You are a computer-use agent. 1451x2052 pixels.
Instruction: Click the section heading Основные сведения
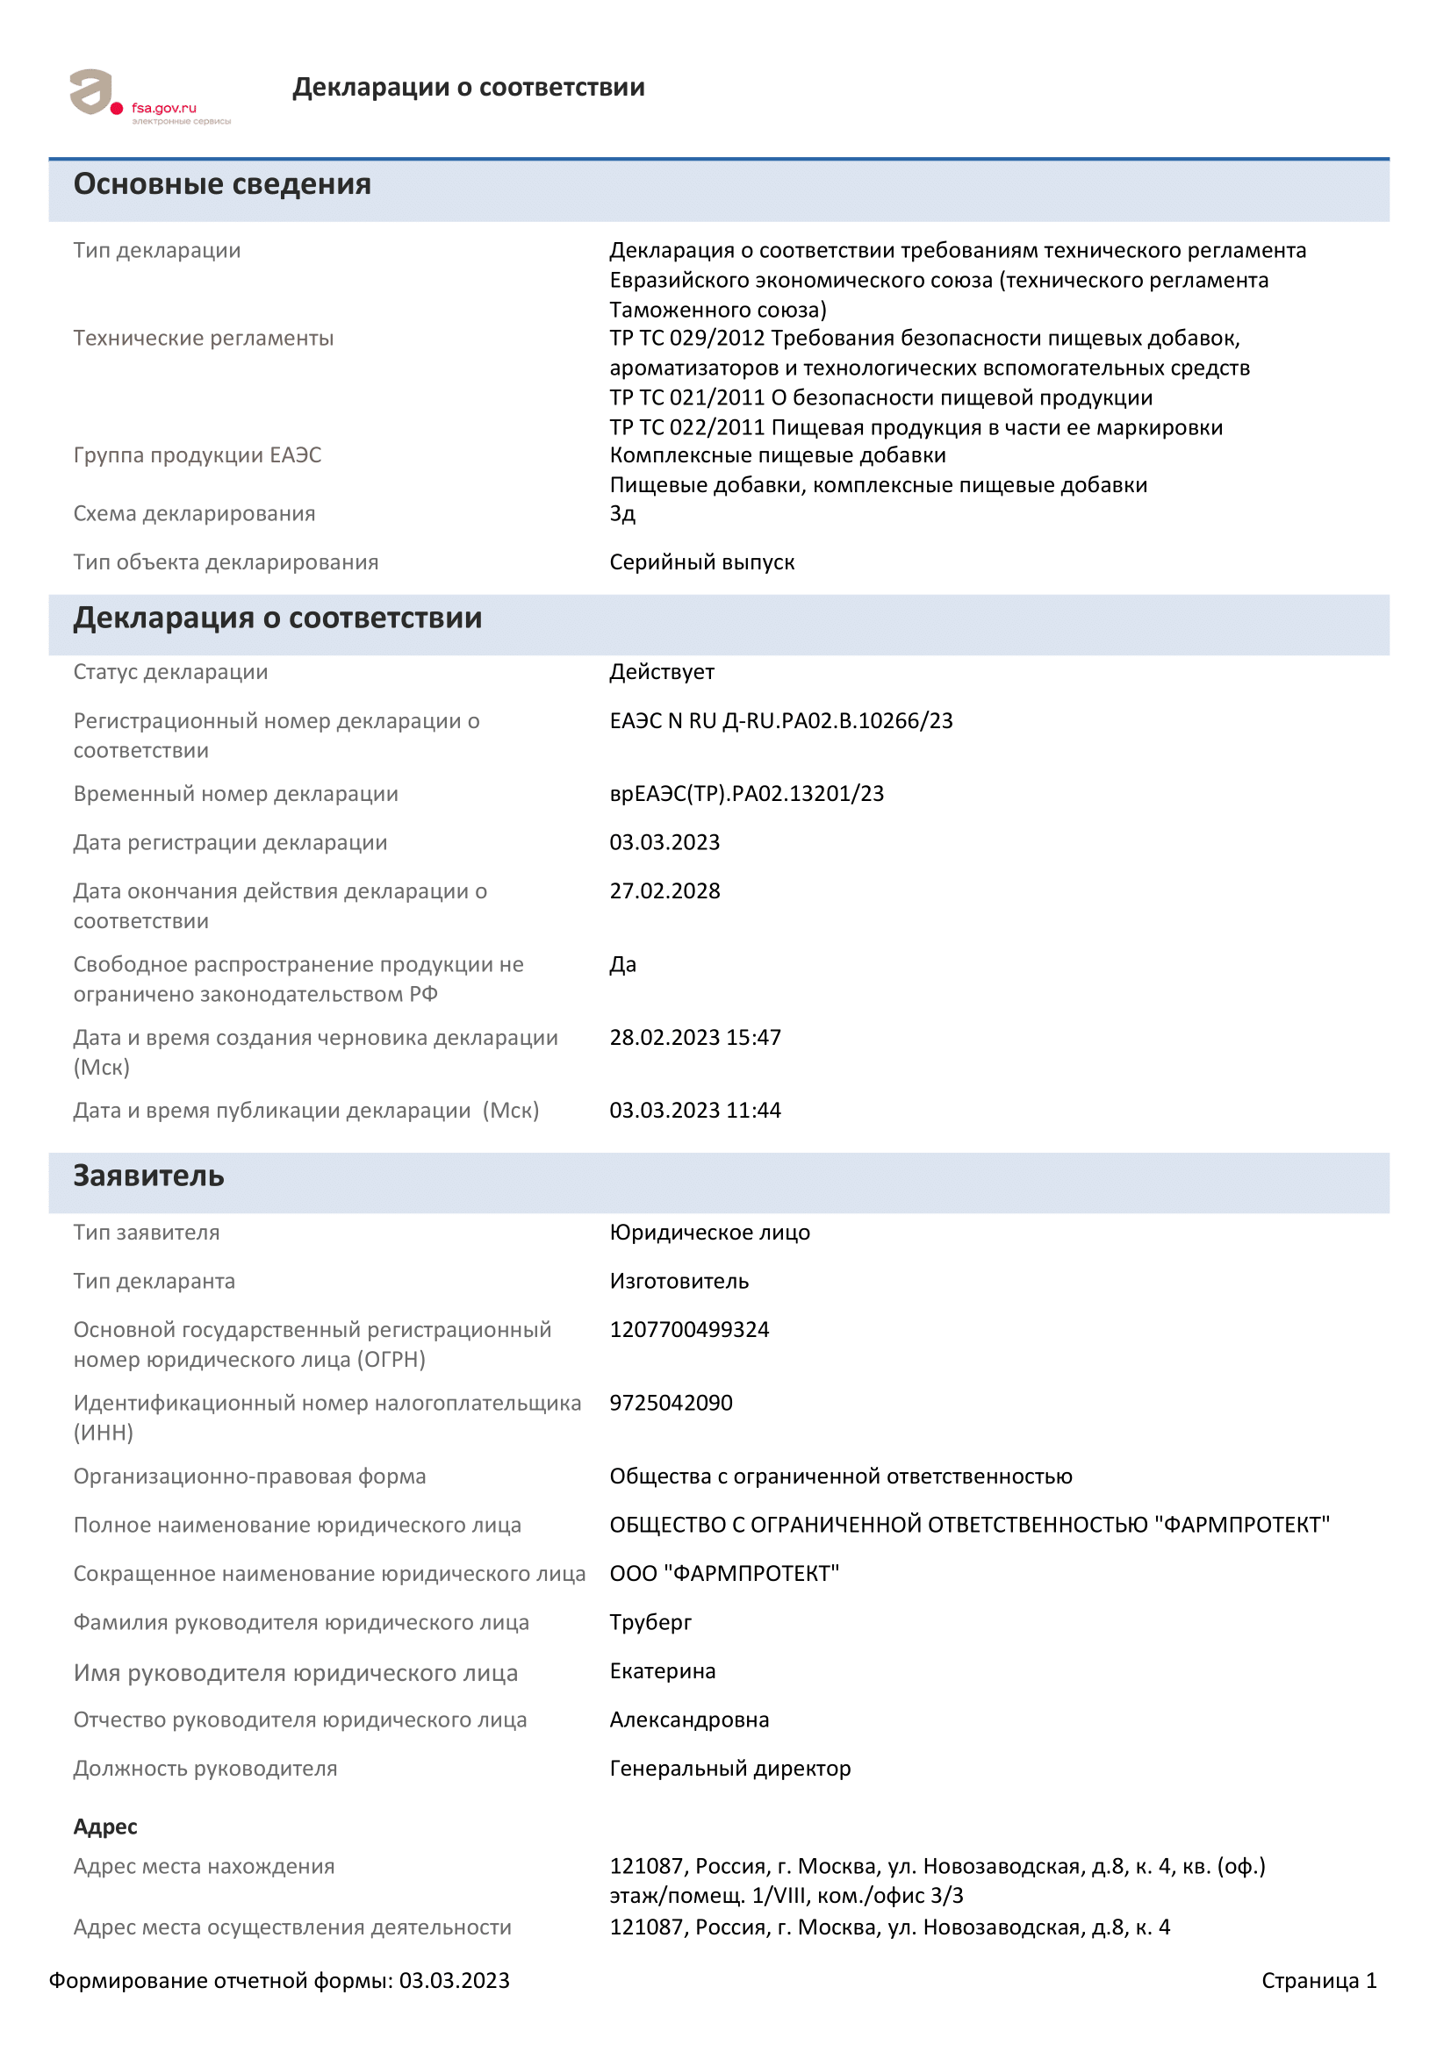222,184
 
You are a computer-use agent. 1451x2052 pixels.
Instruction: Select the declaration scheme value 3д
622,514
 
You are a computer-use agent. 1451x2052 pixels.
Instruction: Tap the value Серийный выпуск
702,562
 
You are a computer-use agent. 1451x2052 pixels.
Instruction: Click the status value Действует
662,672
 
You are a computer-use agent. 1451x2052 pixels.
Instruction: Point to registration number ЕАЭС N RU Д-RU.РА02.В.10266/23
780,721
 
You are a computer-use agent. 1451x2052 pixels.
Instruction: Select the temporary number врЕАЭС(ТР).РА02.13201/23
746,794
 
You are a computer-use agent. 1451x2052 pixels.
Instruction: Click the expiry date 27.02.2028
664,891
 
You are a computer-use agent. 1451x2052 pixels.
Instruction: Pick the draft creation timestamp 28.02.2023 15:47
694,1038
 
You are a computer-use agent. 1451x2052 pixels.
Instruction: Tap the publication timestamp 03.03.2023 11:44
694,1111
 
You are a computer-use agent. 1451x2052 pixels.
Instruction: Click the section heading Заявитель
148,1176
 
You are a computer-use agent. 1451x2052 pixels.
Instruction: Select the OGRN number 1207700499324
689,1330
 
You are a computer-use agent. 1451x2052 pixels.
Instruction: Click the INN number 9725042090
671,1403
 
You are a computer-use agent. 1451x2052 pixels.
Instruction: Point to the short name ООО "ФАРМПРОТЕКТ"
724,1574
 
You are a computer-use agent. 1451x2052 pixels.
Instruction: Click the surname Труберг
650,1622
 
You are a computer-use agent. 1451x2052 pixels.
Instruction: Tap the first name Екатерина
663,1671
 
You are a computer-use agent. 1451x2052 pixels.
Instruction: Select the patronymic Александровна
689,1720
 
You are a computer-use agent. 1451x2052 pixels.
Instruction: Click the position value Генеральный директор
729,1769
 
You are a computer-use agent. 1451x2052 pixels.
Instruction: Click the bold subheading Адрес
105,1827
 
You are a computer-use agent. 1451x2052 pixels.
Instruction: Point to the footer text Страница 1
1318,1981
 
